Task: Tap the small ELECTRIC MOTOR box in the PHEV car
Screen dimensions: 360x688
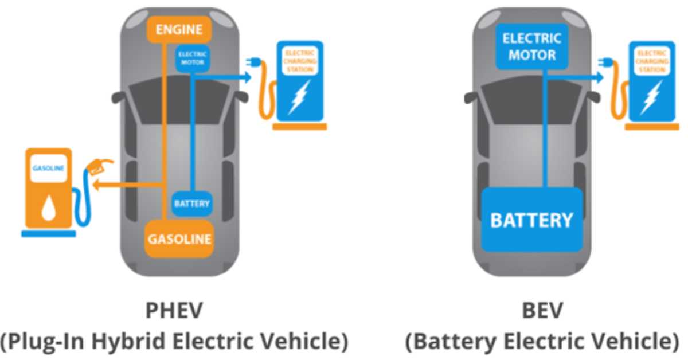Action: point(192,58)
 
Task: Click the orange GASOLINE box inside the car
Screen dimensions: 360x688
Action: point(179,238)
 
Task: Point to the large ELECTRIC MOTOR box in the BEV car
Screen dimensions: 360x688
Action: point(531,47)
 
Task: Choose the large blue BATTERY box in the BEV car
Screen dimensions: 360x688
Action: point(531,220)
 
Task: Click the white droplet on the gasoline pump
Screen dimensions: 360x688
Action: point(48,209)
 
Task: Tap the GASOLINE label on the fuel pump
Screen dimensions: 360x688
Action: point(48,169)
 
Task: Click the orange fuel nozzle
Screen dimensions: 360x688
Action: point(97,167)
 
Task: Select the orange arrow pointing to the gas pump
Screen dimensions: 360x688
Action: point(103,185)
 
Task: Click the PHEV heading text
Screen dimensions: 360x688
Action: point(174,311)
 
